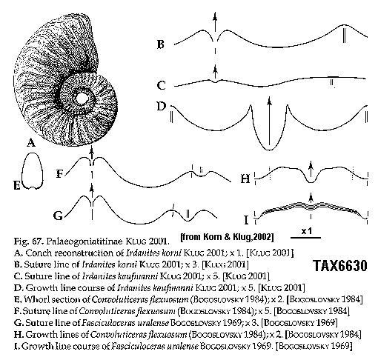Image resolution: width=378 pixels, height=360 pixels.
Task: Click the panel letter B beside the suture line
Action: pyautogui.click(x=161, y=44)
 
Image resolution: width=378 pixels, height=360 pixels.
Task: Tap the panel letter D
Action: pyautogui.click(x=162, y=106)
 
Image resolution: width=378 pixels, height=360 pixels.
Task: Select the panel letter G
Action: pyautogui.click(x=59, y=216)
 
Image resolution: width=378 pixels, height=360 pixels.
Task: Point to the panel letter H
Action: pyautogui.click(x=245, y=179)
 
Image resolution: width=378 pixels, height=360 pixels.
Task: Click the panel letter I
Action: pyautogui.click(x=246, y=220)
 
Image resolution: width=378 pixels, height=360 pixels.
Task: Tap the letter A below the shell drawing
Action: pyautogui.click(x=31, y=142)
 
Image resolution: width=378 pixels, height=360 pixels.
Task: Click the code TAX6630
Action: pyautogui.click(x=340, y=266)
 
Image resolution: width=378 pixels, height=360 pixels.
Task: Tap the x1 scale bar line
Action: pyautogui.click(x=305, y=238)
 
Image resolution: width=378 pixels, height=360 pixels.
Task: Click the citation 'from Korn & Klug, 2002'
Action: pyautogui.click(x=228, y=237)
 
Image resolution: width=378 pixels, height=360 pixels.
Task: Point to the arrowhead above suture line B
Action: pyautogui.click(x=216, y=16)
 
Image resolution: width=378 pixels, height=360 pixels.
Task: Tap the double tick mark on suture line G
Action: pyautogui.click(x=188, y=214)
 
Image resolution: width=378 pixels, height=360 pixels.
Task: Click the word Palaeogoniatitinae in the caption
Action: pyautogui.click(x=84, y=241)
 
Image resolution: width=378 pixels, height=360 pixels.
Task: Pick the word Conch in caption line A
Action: pyautogui.click(x=39, y=253)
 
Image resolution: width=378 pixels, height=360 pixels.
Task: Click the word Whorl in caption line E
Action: pyautogui.click(x=36, y=299)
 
